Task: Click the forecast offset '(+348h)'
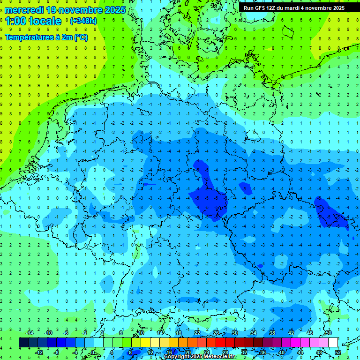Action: click(x=83, y=21)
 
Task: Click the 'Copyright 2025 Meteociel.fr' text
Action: click(x=200, y=357)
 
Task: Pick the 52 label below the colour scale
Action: click(x=337, y=352)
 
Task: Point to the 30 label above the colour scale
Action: click(x=234, y=333)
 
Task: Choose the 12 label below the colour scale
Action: click(x=150, y=352)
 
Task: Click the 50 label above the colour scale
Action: click(x=328, y=333)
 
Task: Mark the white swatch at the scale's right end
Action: click(x=333, y=343)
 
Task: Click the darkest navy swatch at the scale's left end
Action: click(x=23, y=343)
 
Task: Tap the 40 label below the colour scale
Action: click(x=281, y=352)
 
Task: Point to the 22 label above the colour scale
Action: click(x=197, y=333)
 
